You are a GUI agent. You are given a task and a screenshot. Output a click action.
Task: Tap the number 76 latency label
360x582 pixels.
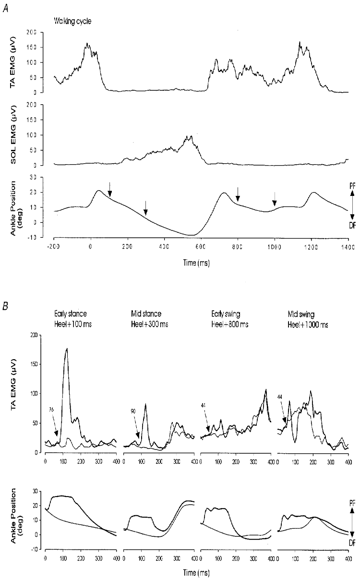(51, 410)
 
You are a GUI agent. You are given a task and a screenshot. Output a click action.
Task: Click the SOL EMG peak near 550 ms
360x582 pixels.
(191, 136)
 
